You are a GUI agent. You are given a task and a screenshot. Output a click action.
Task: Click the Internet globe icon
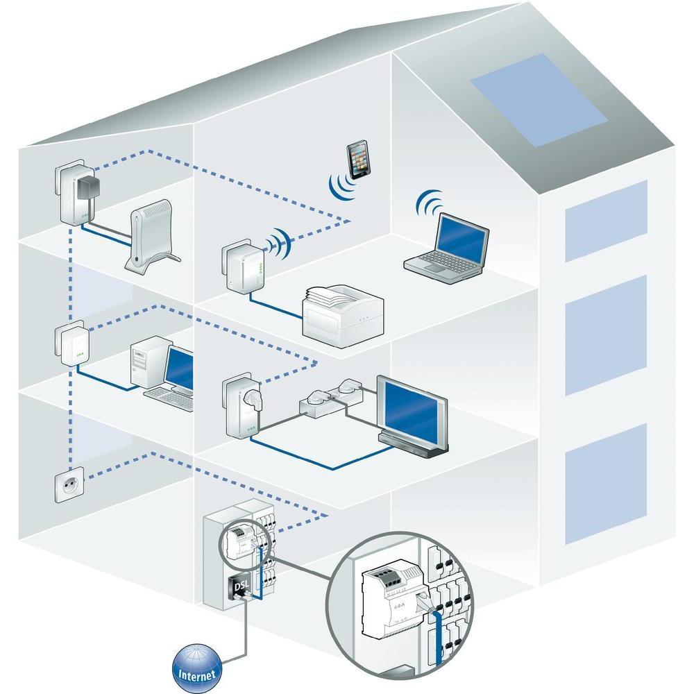click(196, 668)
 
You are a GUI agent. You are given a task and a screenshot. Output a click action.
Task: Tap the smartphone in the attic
click(358, 160)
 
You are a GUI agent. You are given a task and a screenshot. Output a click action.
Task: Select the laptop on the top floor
click(446, 248)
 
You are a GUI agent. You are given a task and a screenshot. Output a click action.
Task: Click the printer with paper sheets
click(343, 315)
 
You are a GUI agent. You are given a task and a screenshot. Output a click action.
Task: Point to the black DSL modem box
click(239, 587)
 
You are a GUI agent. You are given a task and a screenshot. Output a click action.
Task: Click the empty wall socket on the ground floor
click(69, 484)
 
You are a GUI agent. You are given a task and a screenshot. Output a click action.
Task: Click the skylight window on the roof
click(539, 99)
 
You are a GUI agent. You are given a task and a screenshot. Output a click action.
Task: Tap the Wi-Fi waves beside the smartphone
click(341, 186)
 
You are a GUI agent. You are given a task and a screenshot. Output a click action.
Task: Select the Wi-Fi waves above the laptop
click(430, 203)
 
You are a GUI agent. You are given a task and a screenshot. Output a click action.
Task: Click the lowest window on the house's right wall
click(605, 484)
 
